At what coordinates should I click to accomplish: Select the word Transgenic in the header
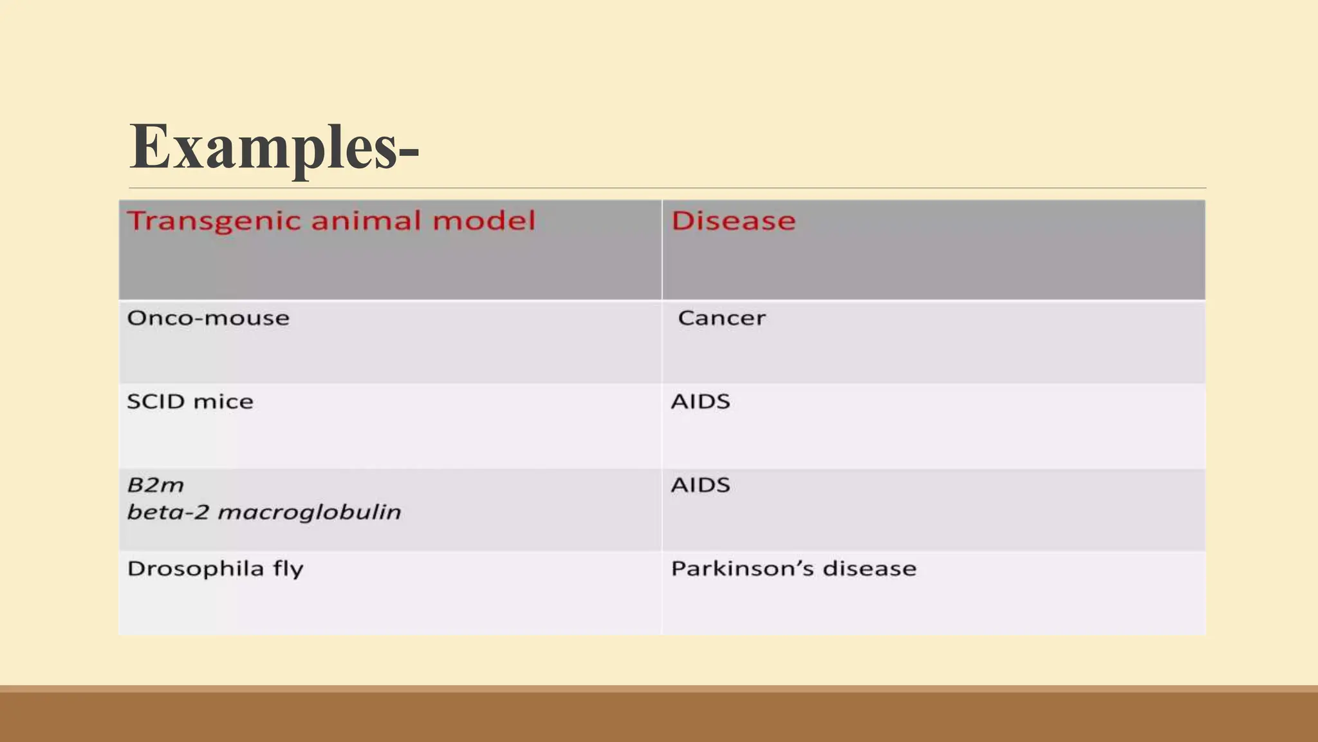(x=213, y=222)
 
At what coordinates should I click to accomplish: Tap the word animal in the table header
(x=365, y=221)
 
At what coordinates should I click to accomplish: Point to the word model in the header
(x=484, y=221)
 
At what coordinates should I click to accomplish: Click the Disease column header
(x=733, y=221)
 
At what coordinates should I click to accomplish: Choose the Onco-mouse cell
(x=208, y=318)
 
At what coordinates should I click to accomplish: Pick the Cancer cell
(x=721, y=318)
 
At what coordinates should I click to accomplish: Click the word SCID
(x=156, y=402)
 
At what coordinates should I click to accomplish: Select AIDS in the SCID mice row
(x=700, y=402)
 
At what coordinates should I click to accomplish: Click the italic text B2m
(x=155, y=485)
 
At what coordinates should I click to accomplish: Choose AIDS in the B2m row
(x=700, y=485)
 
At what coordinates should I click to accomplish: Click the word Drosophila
(x=196, y=569)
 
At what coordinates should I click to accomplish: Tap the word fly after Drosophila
(x=287, y=569)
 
